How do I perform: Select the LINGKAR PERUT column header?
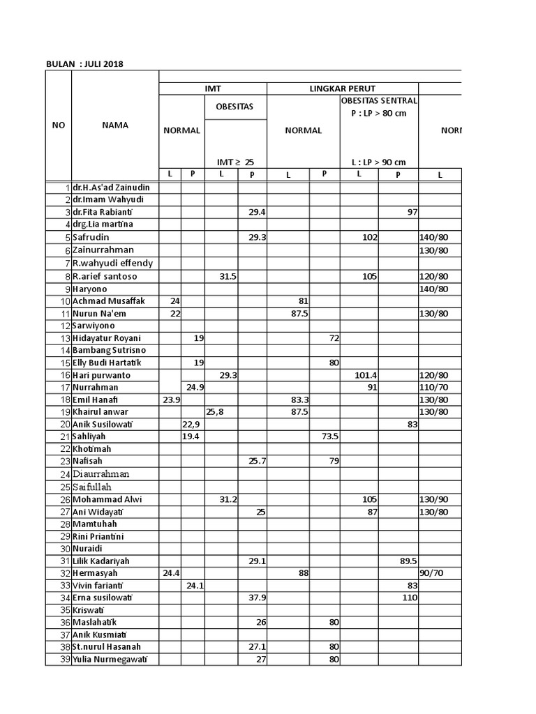pos(342,89)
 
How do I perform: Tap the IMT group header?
pos(212,89)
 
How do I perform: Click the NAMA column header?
pos(114,126)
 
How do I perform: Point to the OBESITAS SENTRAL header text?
pos(379,100)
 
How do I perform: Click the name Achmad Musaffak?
pos(108,301)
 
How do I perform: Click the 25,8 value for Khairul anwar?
pos(216,412)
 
